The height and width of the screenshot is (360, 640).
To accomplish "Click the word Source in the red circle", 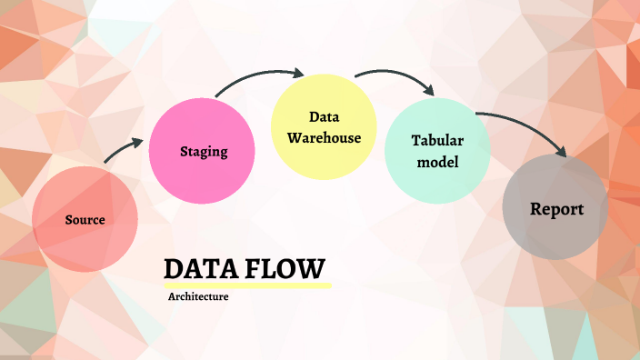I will point(85,220).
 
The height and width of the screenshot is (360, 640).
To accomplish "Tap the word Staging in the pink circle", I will point(204,151).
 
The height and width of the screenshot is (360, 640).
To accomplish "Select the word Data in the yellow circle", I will point(324,117).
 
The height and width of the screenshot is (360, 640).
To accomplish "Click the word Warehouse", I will point(324,139).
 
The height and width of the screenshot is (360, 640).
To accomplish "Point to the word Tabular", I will point(438,141).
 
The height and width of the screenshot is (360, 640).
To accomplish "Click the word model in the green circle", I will point(437,162).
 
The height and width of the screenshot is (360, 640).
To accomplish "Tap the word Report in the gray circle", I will point(556,209).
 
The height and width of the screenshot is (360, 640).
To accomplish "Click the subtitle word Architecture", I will point(198,296).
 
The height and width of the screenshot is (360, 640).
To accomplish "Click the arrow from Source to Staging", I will point(122,150).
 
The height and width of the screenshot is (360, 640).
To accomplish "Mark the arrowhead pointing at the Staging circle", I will point(138,142).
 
